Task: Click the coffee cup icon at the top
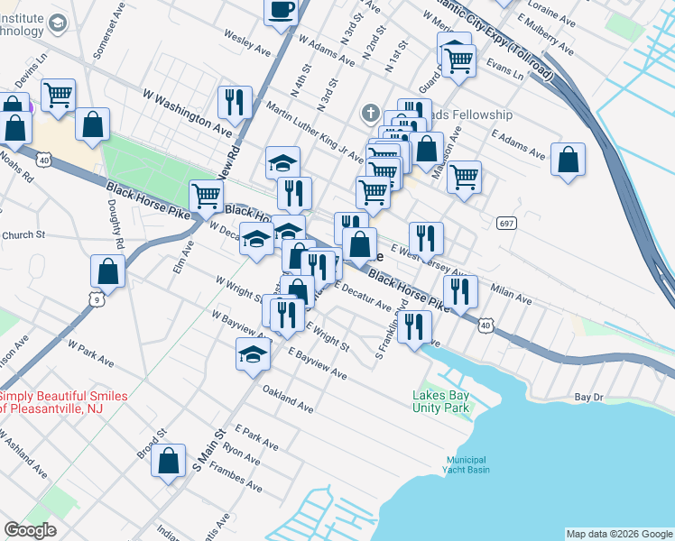click(x=281, y=11)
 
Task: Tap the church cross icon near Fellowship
click(x=369, y=114)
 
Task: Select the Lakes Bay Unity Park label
click(x=441, y=401)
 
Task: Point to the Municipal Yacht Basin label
click(x=466, y=463)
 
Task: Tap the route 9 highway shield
click(x=95, y=297)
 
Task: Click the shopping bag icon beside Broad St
click(x=169, y=461)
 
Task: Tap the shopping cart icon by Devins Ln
click(x=58, y=95)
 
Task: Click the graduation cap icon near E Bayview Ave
click(x=253, y=354)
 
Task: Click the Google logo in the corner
click(x=30, y=531)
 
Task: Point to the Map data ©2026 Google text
click(x=618, y=534)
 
